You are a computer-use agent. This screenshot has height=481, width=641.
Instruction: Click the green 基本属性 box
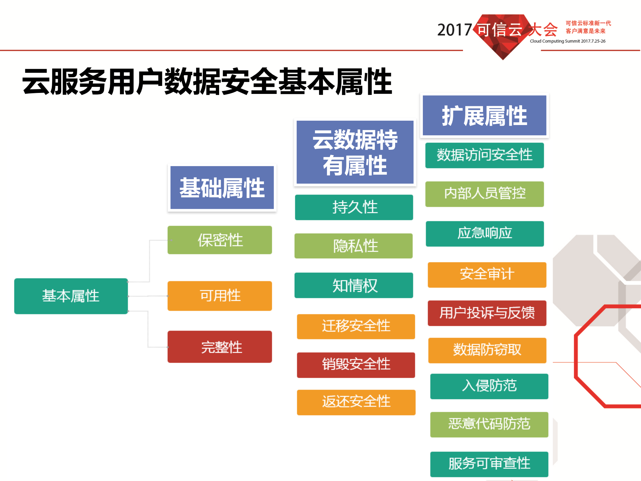(71, 296)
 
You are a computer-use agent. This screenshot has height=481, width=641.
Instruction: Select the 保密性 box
(220, 240)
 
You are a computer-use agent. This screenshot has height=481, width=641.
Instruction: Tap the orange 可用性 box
(220, 296)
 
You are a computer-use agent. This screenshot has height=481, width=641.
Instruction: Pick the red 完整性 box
(220, 347)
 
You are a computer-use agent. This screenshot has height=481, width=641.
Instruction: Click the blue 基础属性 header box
(222, 188)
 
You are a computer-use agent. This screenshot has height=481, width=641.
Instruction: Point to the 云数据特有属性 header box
(355, 152)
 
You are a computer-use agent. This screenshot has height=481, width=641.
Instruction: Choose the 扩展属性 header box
(484, 116)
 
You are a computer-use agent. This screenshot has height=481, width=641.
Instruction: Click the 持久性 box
(354, 207)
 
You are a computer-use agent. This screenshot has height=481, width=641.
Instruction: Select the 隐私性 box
(354, 246)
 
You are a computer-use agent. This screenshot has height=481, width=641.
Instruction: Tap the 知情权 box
(354, 285)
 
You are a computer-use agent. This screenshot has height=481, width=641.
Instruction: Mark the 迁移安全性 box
(356, 326)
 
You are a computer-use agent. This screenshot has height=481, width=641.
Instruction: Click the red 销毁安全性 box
(356, 365)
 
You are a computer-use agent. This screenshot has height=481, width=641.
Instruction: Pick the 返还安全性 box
(356, 402)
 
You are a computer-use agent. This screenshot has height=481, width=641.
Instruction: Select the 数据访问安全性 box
(484, 155)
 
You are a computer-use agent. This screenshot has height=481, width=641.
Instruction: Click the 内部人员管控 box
(484, 194)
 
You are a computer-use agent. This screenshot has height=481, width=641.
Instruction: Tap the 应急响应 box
(485, 233)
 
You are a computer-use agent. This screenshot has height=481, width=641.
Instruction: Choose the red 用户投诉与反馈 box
(487, 313)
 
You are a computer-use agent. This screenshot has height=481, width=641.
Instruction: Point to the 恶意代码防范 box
(489, 424)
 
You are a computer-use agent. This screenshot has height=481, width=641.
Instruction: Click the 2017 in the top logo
(454, 30)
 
